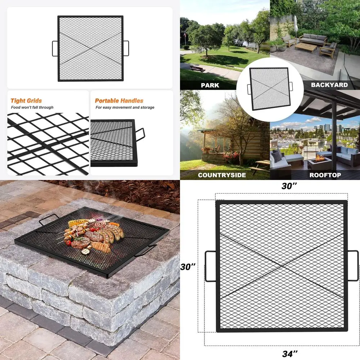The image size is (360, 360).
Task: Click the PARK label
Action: (x=210, y=85)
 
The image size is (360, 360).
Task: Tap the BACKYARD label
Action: (x=329, y=85)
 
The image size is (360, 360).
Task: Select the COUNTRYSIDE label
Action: (x=222, y=175)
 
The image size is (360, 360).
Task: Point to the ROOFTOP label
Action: (x=325, y=175)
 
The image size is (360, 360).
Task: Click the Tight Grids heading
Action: (x=26, y=101)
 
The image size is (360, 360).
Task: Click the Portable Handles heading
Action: (x=119, y=101)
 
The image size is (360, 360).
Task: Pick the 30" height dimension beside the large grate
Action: (x=188, y=267)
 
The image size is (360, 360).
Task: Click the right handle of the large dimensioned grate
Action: (x=353, y=266)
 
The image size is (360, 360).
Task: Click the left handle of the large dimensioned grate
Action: (x=210, y=266)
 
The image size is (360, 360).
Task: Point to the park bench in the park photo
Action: (x=197, y=68)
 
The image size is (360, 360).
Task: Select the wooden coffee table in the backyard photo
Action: (x=306, y=48)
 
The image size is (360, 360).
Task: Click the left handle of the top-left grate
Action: (x=55, y=48)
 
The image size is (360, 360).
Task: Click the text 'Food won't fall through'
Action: (x=32, y=107)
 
